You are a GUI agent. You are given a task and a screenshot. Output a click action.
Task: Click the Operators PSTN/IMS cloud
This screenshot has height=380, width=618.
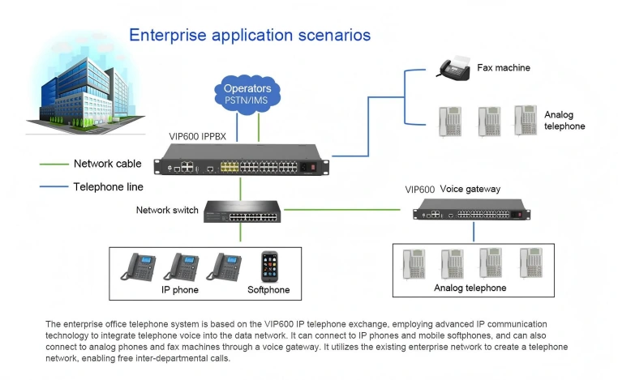point(248,92)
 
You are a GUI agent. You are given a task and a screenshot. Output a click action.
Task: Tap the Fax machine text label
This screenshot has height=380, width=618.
point(503,68)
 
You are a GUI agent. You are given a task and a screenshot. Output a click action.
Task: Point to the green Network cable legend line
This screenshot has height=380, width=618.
point(54,164)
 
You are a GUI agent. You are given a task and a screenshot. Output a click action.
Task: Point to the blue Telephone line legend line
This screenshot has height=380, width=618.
point(54,187)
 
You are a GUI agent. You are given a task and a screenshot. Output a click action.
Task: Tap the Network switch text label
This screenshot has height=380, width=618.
point(167,211)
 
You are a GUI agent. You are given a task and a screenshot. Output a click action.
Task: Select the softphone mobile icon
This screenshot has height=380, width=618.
point(269,267)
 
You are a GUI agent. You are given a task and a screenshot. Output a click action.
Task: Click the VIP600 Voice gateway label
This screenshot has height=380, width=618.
point(453,190)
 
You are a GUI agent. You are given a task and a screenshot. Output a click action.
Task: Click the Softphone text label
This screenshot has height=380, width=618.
point(268,289)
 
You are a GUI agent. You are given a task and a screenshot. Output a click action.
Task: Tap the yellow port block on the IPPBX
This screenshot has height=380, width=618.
point(230,166)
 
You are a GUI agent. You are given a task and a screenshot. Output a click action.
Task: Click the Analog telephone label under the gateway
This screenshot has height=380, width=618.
point(470,288)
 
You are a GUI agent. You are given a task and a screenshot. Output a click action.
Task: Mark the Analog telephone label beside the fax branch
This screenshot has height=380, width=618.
point(564,121)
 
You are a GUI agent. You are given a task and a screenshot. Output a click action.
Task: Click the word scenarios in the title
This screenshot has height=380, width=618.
point(331,35)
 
